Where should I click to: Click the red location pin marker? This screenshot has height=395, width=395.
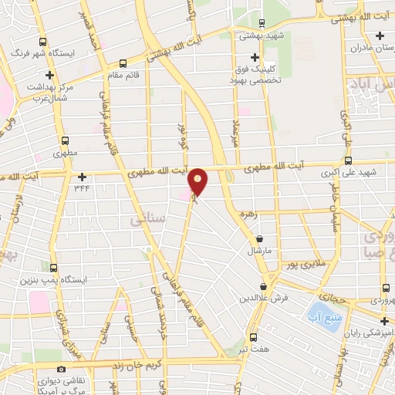pyautogui.click(x=198, y=182)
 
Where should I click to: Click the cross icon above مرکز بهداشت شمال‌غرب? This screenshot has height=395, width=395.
pyautogui.click(x=50, y=76)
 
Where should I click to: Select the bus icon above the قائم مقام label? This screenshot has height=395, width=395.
pyautogui.click(x=123, y=65)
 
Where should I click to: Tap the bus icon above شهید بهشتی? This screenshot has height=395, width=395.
pyautogui.click(x=262, y=23)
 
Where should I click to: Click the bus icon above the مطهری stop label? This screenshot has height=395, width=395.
pyautogui.click(x=64, y=141)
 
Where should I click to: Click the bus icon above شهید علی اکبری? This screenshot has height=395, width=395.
pyautogui.click(x=349, y=161)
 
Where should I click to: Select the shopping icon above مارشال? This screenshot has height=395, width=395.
pyautogui.click(x=258, y=240)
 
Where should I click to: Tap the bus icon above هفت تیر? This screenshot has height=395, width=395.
pyautogui.click(x=254, y=337)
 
